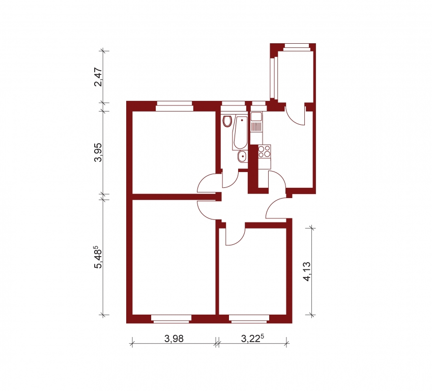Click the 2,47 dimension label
click(x=98, y=77)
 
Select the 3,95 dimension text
click(x=98, y=152)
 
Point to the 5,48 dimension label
click(x=98, y=257)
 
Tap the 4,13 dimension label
click(x=307, y=271)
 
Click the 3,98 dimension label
click(x=174, y=339)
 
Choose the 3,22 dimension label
click(x=251, y=339)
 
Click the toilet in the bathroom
click(x=227, y=121)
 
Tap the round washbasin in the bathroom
click(x=242, y=157)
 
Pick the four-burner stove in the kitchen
click(x=265, y=151)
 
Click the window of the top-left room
click(x=174, y=106)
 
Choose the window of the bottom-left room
click(x=171, y=319)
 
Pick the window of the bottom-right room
click(x=249, y=319)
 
